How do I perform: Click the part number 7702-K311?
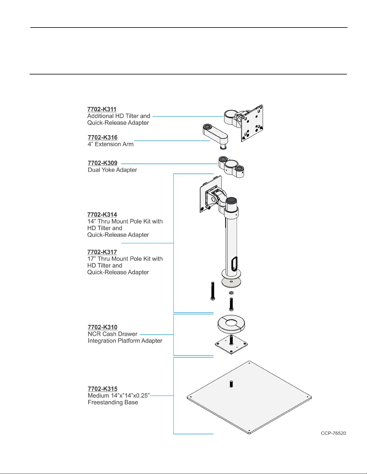click(x=102, y=109)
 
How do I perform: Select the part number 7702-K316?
click(x=102, y=138)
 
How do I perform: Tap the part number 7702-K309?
click(x=102, y=163)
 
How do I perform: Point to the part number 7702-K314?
click(x=102, y=214)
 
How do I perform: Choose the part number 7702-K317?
click(x=102, y=252)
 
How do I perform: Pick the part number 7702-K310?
click(x=102, y=327)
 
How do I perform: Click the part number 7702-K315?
click(x=102, y=389)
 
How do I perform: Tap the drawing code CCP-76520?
click(x=333, y=433)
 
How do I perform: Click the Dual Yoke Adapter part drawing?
click(x=231, y=167)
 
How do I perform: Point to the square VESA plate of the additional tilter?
click(x=252, y=124)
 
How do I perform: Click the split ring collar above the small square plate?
click(x=231, y=324)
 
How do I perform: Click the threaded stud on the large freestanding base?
click(x=231, y=384)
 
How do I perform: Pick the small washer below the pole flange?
click(x=231, y=293)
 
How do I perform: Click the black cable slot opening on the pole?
click(x=234, y=264)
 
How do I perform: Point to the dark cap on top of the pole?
click(x=231, y=201)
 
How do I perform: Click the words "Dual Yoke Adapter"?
click(x=112, y=170)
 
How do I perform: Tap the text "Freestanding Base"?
click(x=113, y=403)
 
